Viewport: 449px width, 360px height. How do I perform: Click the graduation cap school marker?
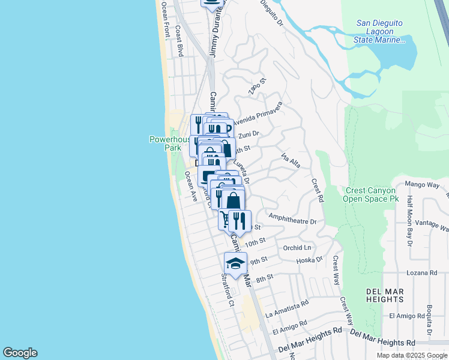pyautogui.click(x=236, y=263)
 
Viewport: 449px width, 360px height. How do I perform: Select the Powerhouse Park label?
pyautogui.click(x=165, y=143)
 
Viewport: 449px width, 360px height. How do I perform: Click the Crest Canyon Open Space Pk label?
pyautogui.click(x=372, y=194)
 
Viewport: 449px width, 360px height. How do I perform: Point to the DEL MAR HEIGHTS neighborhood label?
pyautogui.click(x=384, y=295)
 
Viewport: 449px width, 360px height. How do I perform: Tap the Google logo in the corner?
pyautogui.click(x=20, y=353)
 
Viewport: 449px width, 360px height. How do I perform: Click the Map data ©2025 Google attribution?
pyautogui.click(x=412, y=355)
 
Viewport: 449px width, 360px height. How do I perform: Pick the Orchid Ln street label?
pyautogui.click(x=298, y=247)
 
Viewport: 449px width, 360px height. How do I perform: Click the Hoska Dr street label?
pyautogui.click(x=311, y=260)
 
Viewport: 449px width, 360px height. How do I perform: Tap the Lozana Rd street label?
pyautogui.click(x=421, y=272)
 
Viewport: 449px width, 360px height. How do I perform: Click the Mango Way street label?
pyautogui.click(x=423, y=184)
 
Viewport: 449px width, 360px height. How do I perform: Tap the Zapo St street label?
pyautogui.click(x=257, y=86)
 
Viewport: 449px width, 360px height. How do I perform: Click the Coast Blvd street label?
pyautogui.click(x=179, y=41)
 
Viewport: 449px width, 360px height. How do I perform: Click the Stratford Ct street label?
pyautogui.click(x=226, y=290)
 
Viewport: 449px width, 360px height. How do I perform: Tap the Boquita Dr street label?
pyautogui.click(x=430, y=320)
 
